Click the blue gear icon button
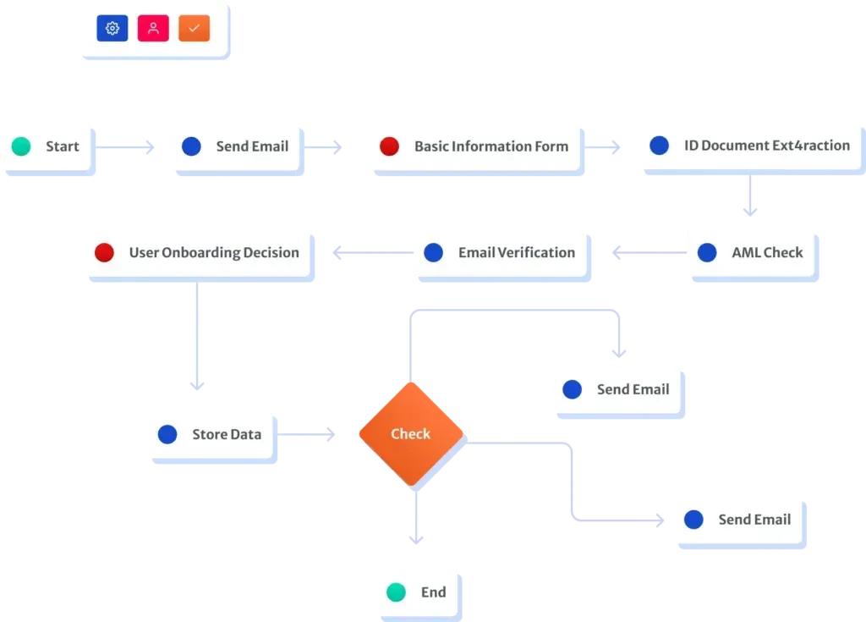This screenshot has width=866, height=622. (112, 28)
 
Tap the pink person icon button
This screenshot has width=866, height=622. (153, 28)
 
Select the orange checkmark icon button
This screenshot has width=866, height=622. (194, 28)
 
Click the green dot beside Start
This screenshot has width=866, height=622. (21, 146)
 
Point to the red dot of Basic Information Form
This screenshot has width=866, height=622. (389, 146)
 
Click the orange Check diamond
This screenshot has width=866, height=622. (411, 434)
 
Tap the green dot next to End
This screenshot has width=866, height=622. (396, 592)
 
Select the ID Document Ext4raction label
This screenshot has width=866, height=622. (766, 146)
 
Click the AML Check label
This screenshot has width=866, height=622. (767, 253)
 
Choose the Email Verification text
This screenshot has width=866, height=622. (517, 253)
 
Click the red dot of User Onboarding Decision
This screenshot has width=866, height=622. (104, 253)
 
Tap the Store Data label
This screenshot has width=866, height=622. (227, 435)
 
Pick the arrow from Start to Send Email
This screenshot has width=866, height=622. (124, 147)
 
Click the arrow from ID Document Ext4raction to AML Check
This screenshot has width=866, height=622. (750, 195)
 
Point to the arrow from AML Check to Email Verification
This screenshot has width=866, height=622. (649, 253)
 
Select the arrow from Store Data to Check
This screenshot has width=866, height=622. (306, 435)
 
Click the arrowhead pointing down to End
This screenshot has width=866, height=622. (416, 539)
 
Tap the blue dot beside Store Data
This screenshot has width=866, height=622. (167, 435)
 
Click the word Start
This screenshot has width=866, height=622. (63, 146)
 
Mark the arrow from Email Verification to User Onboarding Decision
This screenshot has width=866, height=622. (373, 253)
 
